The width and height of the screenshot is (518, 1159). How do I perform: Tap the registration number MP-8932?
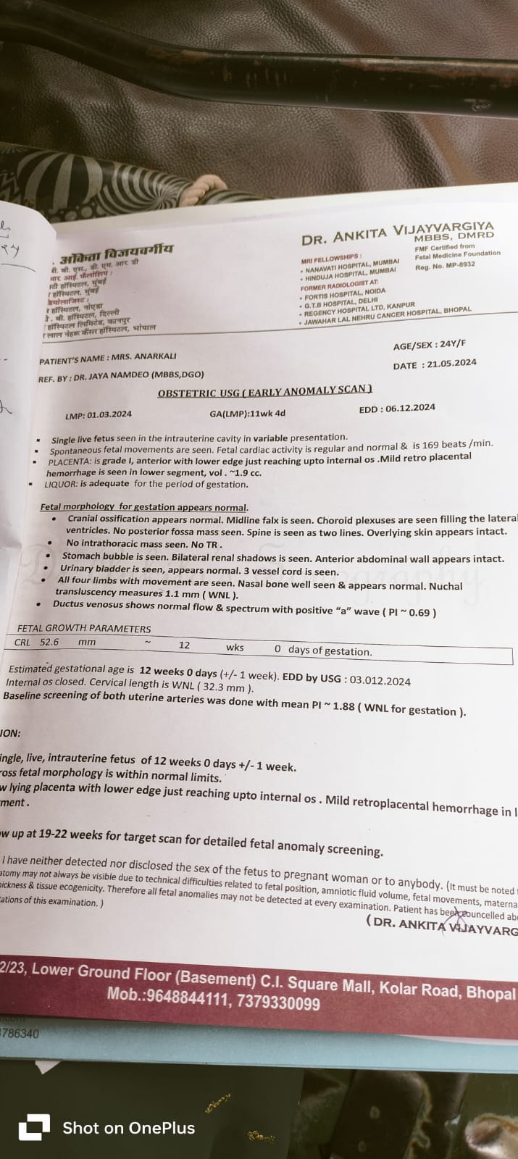459,265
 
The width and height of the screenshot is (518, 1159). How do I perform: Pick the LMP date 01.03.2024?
109,415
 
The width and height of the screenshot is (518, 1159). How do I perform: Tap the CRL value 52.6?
49,642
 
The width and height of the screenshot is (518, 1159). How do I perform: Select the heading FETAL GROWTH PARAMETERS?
84,629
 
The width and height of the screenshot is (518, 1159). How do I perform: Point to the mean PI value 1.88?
343,706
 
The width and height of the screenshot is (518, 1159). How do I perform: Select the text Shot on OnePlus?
128,1128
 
